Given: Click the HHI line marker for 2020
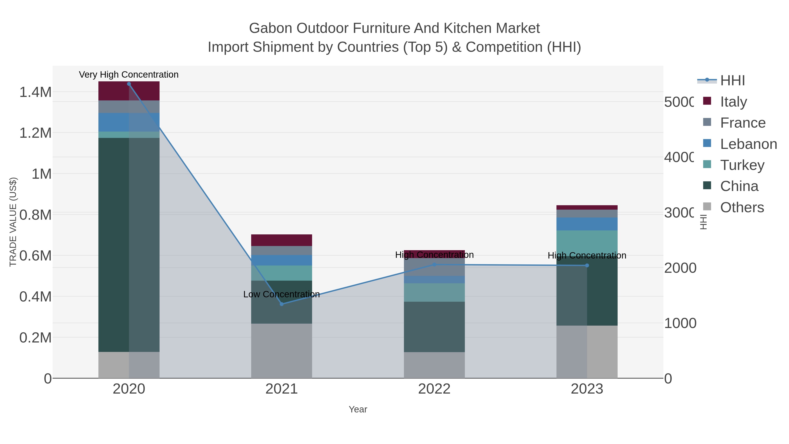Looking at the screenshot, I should click(129, 84).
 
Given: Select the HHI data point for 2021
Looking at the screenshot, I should click(282, 304).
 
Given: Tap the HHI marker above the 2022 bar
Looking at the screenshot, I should click(434, 264).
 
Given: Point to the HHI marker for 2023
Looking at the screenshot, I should click(587, 265).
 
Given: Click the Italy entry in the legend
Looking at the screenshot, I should click(733, 102).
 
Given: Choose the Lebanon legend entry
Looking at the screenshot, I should click(748, 144).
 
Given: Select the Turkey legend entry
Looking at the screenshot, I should click(742, 165).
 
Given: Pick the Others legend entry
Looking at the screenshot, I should click(742, 207).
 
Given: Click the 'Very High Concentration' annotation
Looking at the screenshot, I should click(129, 75).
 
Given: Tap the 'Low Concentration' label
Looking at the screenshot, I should click(281, 294).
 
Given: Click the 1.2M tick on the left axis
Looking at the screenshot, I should click(36, 133).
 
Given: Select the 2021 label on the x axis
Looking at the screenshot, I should click(281, 389).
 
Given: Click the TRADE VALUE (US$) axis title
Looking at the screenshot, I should click(13, 222).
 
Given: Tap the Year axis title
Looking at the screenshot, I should click(358, 409).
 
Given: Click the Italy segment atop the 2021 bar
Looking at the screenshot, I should click(281, 240).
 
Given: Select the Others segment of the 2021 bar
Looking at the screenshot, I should click(281, 351).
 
